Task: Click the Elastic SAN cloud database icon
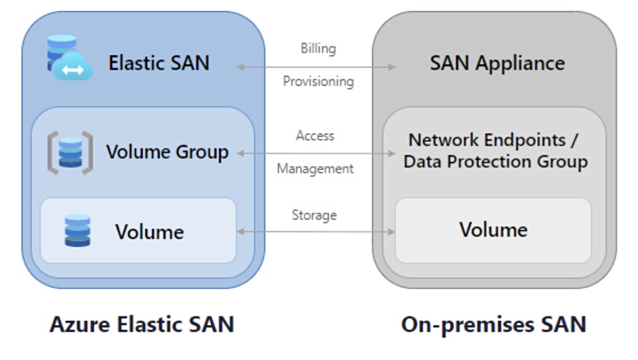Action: (x=69, y=58)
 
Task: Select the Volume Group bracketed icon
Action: (x=70, y=153)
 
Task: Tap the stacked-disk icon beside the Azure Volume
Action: (x=77, y=230)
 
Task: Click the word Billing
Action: (x=318, y=48)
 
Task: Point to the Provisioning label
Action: (x=318, y=81)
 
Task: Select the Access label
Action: (x=315, y=136)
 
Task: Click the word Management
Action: (x=315, y=169)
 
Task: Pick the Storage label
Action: (x=314, y=215)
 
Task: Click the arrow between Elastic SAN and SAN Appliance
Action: (x=316, y=66)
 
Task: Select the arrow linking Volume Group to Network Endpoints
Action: (x=316, y=154)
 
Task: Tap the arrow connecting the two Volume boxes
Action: (x=316, y=232)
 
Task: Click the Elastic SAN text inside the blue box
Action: (x=159, y=63)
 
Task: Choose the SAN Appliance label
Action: (x=497, y=63)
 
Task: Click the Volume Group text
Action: (x=167, y=152)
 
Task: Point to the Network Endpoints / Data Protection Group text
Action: (x=495, y=151)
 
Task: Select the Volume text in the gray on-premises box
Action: (x=493, y=230)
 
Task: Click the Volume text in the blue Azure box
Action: (x=149, y=232)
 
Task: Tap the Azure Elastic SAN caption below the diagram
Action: (x=142, y=324)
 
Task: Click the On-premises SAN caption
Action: (x=494, y=324)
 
